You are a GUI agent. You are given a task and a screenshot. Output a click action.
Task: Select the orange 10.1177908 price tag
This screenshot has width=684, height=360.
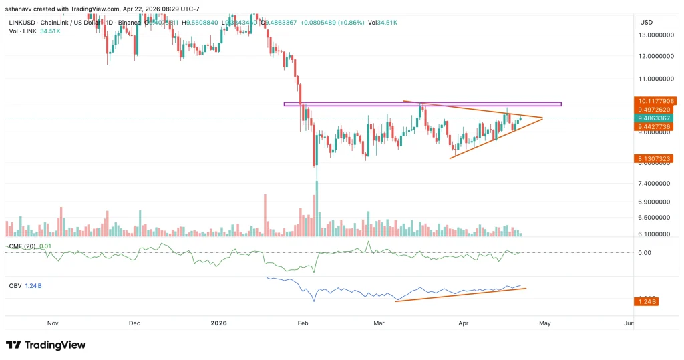pyautogui.click(x=655, y=101)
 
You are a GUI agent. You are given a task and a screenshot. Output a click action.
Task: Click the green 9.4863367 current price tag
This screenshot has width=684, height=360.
pyautogui.click(x=655, y=118)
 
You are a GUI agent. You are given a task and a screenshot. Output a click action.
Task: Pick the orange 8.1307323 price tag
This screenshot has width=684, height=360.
pyautogui.click(x=655, y=158)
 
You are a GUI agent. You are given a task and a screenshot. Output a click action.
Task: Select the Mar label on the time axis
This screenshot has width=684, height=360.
pyautogui.click(x=379, y=323)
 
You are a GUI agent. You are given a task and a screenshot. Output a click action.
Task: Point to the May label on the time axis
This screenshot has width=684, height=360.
pyautogui.click(x=544, y=323)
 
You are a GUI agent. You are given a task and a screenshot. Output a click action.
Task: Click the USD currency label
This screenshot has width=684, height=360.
pyautogui.click(x=646, y=23)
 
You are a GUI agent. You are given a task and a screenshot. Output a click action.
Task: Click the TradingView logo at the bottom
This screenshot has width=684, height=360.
pyautogui.click(x=46, y=345)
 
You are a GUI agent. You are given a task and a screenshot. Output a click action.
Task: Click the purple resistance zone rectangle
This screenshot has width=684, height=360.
pyautogui.click(x=422, y=104)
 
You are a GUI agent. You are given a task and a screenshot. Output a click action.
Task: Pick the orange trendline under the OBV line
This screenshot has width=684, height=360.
pyautogui.click(x=461, y=295)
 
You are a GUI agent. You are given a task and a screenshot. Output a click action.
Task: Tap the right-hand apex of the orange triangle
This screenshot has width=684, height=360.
pyautogui.click(x=542, y=118)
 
